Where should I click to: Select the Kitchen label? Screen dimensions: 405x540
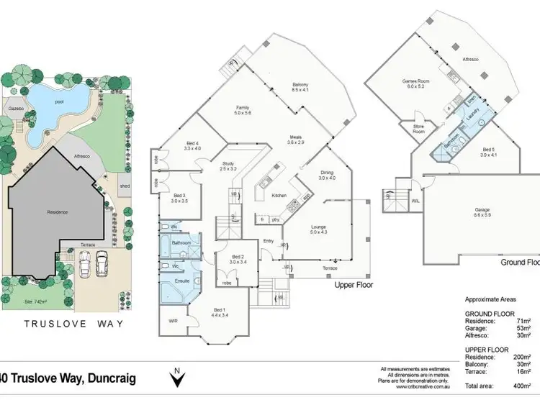point(279,195)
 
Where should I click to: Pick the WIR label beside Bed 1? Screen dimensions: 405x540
point(173,321)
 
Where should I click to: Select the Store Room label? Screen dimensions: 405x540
point(418,129)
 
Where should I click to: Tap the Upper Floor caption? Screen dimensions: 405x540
point(354,285)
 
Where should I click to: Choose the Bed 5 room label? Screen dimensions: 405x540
point(490,151)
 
